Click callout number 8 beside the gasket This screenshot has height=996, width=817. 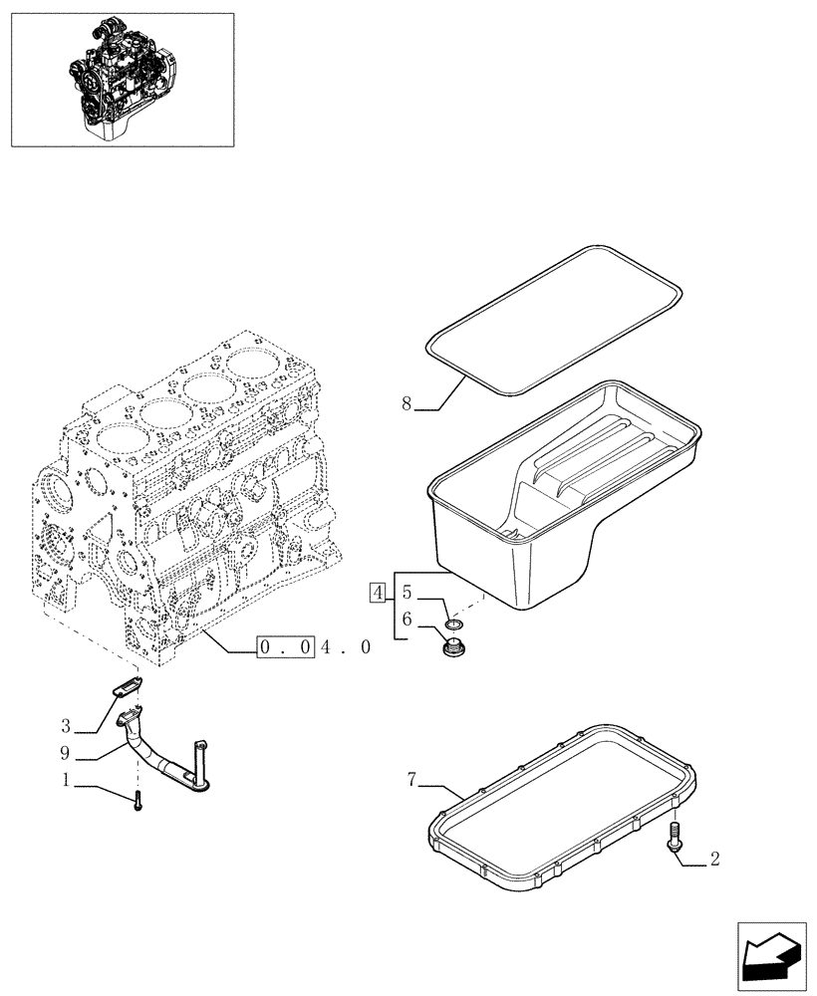[407, 403]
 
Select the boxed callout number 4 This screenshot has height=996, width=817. [377, 594]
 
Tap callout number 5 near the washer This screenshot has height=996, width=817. [407, 593]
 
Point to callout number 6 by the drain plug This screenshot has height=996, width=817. [407, 619]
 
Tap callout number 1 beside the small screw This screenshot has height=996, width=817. [65, 782]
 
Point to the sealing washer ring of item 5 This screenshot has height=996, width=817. [453, 624]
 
